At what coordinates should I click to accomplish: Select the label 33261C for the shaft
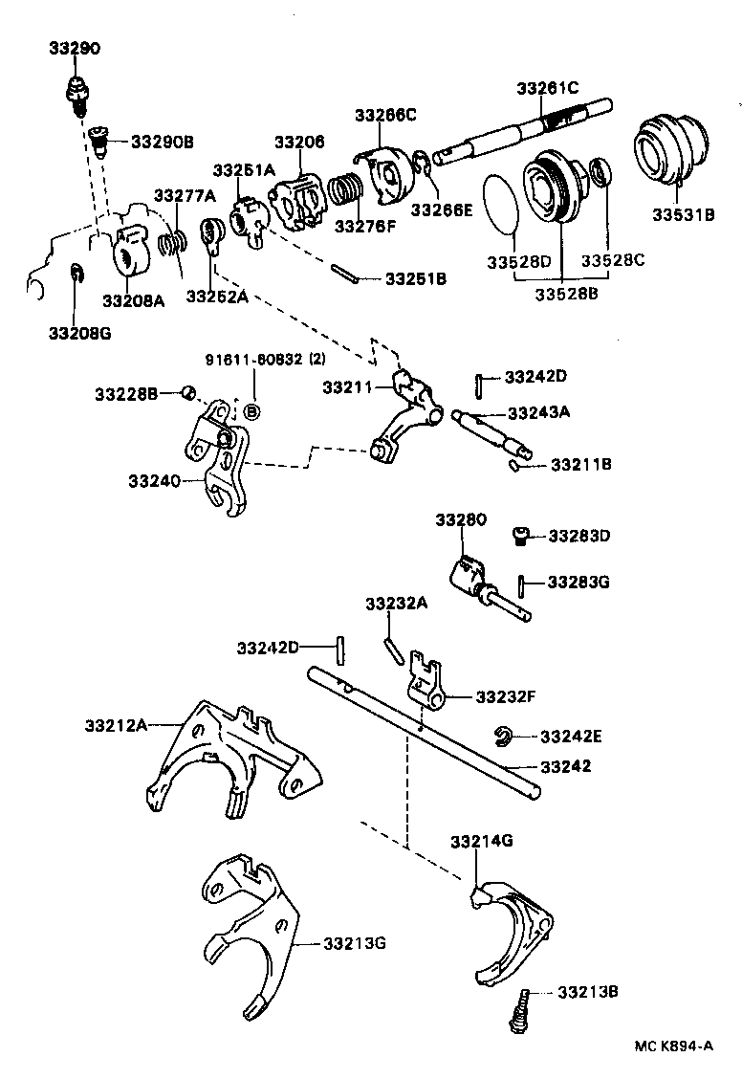(x=548, y=87)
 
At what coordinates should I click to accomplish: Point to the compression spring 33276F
(x=347, y=192)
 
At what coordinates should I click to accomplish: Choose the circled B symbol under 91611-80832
(x=252, y=411)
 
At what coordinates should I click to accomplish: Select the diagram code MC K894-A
(x=673, y=1046)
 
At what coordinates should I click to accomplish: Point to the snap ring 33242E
(x=503, y=735)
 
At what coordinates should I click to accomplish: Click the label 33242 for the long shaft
(x=566, y=766)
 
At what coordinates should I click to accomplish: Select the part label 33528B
(x=566, y=294)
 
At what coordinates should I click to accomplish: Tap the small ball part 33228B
(x=189, y=392)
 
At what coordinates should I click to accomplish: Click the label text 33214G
(x=482, y=841)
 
